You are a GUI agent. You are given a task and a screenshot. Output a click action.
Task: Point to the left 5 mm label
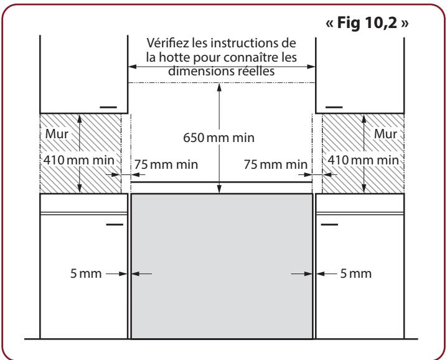point(85,273)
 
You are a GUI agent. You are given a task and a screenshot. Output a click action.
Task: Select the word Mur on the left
point(55,133)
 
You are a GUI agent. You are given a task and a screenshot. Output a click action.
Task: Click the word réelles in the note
point(256,70)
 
